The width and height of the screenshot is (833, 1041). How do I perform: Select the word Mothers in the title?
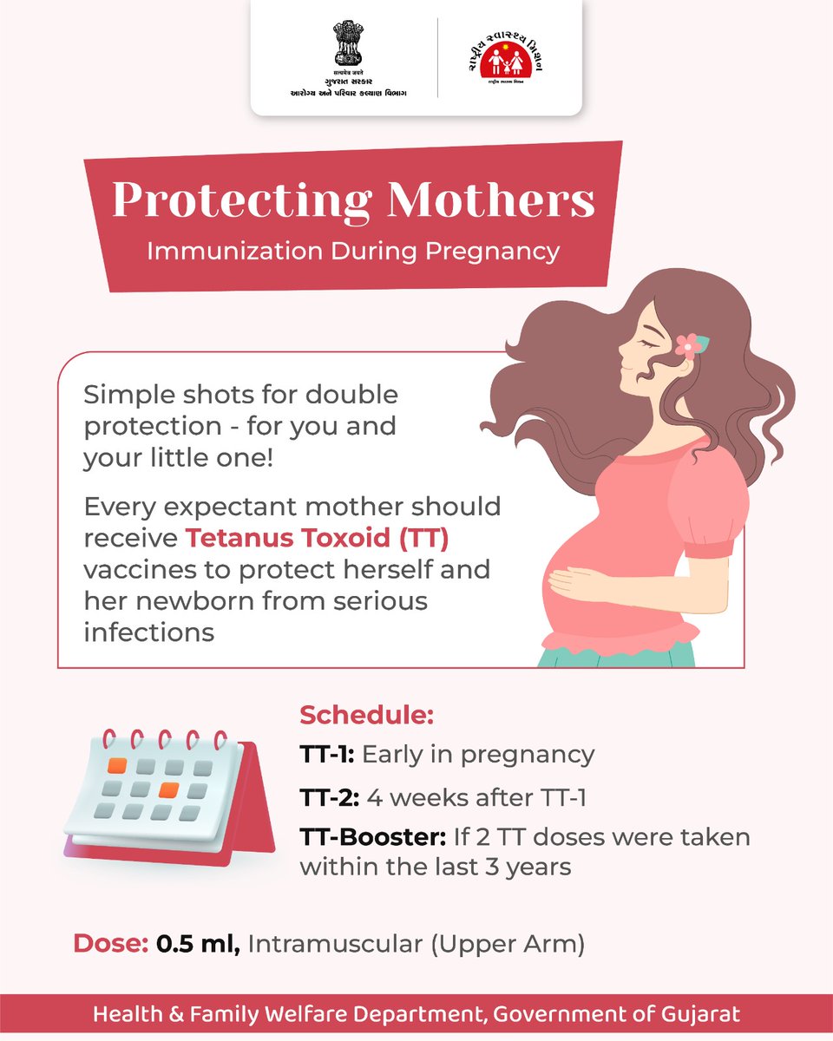pyautogui.click(x=491, y=200)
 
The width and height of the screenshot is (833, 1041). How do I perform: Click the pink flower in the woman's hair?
pyautogui.click(x=690, y=346)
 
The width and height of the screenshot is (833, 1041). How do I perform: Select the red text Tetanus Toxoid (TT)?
pyautogui.click(x=317, y=540)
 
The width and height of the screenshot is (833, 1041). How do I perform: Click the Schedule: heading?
pyautogui.click(x=366, y=717)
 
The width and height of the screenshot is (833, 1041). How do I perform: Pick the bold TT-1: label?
pyautogui.click(x=326, y=755)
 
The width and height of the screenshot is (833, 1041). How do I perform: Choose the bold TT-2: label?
pyautogui.click(x=329, y=797)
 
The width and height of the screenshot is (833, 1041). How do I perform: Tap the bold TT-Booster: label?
pyautogui.click(x=372, y=839)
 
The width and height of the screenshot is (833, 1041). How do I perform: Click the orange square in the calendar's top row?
pyautogui.click(x=117, y=766)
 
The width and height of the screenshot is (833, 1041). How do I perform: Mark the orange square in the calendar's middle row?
pyautogui.click(x=169, y=789)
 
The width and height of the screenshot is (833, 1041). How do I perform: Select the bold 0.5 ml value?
pyautogui.click(x=199, y=944)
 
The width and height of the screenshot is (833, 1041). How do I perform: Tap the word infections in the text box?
pyautogui.click(x=148, y=632)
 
